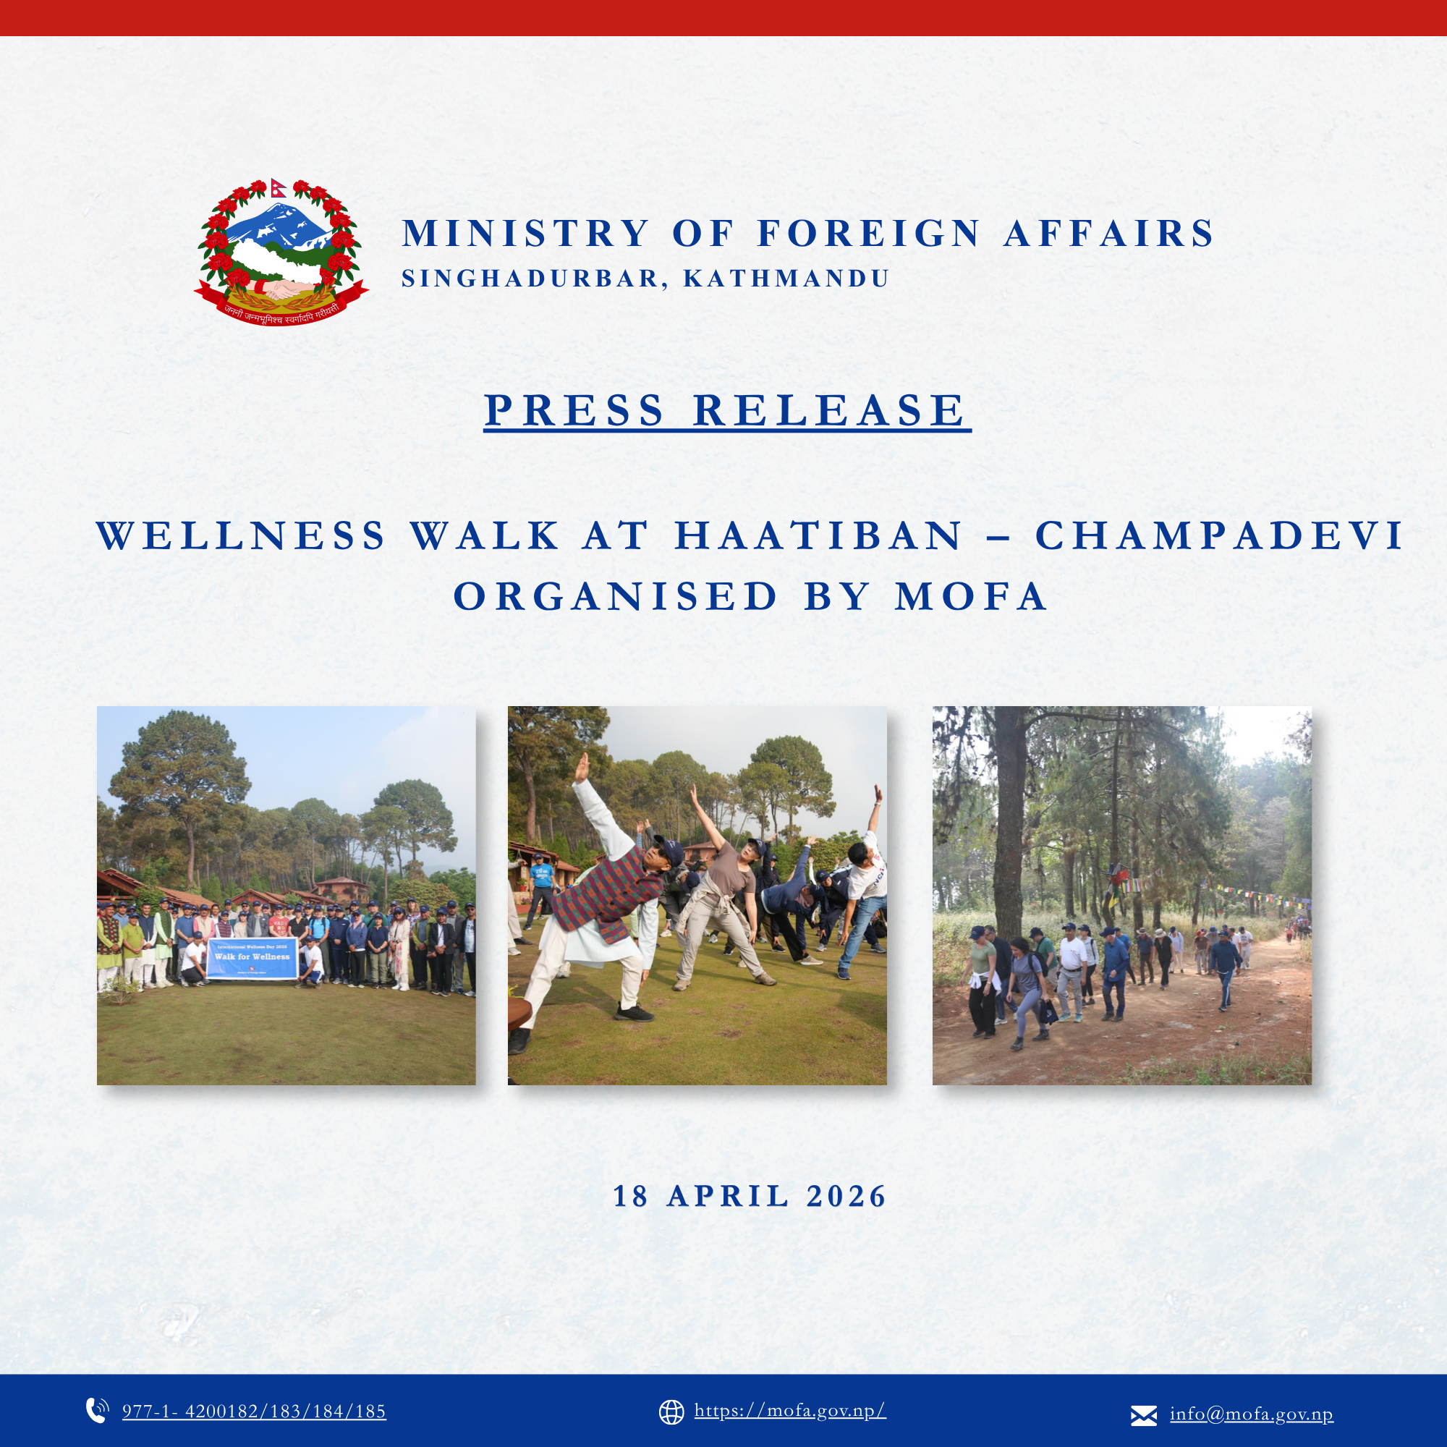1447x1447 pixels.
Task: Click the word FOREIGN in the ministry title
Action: click(868, 233)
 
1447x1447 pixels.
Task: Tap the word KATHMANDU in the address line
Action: click(786, 279)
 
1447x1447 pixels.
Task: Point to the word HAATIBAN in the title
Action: click(818, 535)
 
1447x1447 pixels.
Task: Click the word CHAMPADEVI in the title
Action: click(1218, 535)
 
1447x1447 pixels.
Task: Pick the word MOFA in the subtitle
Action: click(971, 596)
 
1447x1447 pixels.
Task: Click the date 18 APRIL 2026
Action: click(750, 1196)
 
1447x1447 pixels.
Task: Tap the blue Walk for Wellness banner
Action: click(253, 959)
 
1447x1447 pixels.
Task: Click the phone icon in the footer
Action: click(97, 1410)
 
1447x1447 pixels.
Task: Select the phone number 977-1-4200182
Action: click(254, 1412)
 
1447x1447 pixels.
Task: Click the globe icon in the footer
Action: click(671, 1412)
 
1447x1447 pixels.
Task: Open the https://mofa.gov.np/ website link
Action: click(789, 1411)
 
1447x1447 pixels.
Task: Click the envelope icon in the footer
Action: click(1143, 1414)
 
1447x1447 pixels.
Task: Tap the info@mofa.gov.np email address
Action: click(1251, 1414)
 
